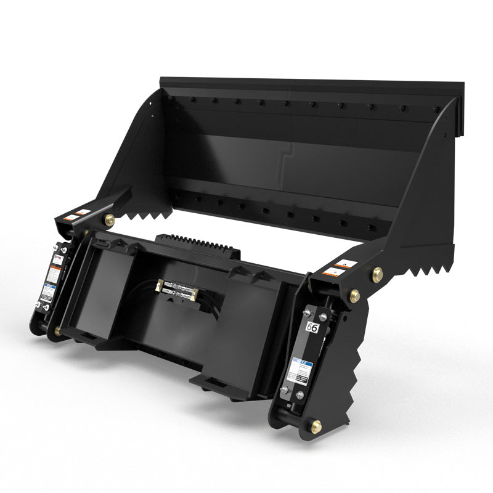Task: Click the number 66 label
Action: pos(312,327)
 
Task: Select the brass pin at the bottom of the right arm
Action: pos(316,426)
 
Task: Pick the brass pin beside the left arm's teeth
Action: pos(110,219)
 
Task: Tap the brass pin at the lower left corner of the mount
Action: pos(57,331)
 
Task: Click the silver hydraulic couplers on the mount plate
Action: pos(176,288)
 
